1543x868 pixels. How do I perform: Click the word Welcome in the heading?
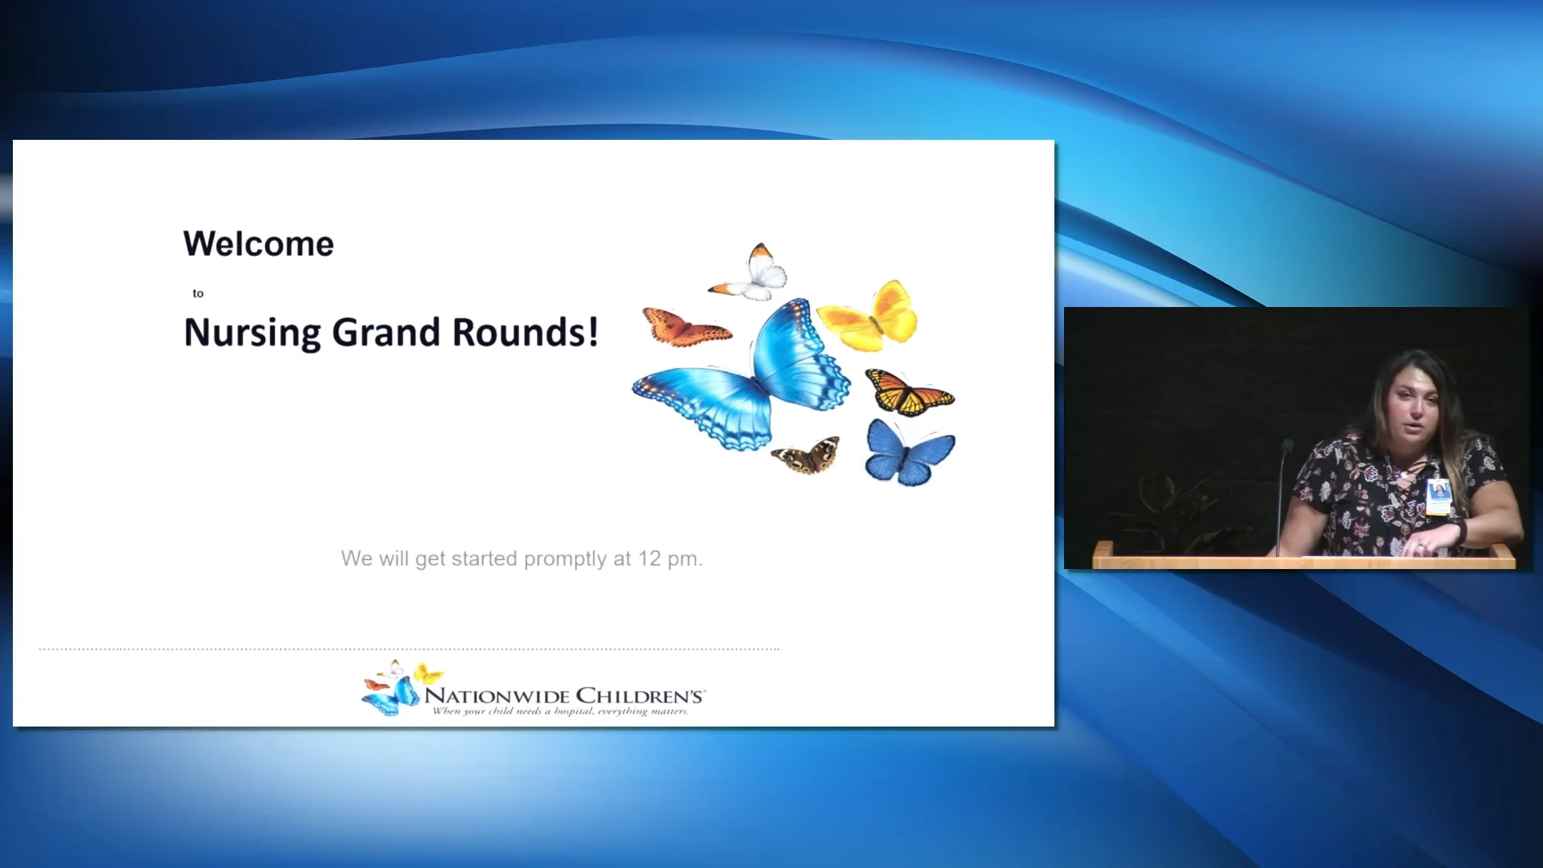[x=258, y=244]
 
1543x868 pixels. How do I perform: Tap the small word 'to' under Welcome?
[x=198, y=293]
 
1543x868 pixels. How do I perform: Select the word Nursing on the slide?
[x=252, y=333]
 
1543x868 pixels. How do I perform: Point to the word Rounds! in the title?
[x=525, y=333]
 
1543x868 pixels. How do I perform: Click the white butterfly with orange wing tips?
[x=754, y=273]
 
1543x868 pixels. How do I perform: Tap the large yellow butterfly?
[x=872, y=317]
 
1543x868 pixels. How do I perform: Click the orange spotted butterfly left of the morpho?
[x=685, y=327]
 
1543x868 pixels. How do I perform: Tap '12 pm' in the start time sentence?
[x=670, y=559]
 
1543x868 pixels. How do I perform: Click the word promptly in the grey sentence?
[x=565, y=559]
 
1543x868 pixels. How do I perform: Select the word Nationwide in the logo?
[x=497, y=696]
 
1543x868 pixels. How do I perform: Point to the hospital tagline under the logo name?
[x=560, y=711]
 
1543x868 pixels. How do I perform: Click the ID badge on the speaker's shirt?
[x=1438, y=496]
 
